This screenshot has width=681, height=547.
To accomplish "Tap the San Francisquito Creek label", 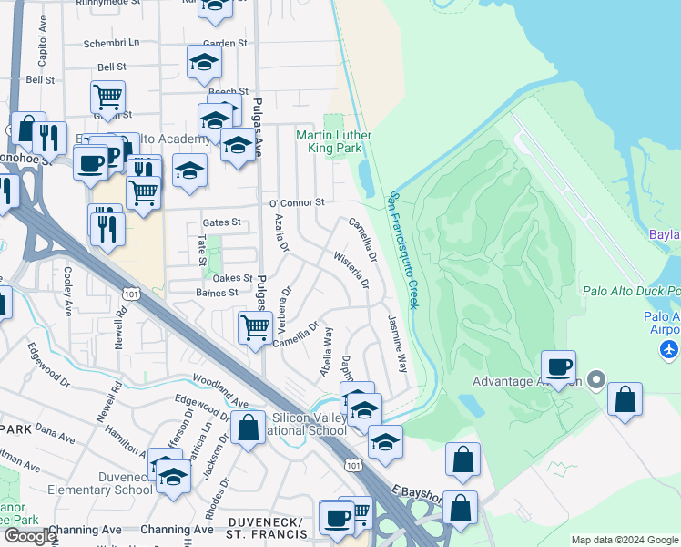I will point(403,249).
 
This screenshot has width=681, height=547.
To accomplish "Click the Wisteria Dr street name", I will point(351,271).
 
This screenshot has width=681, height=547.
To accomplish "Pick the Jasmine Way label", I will point(398,344).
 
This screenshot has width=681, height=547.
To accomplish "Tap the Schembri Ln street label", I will point(112,43).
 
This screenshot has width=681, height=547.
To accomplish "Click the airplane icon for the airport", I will point(670,348).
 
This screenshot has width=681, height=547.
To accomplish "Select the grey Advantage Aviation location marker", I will point(597,378).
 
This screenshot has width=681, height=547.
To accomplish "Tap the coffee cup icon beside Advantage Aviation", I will point(558,366).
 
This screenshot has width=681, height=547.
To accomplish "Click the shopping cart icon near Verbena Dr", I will point(255,326).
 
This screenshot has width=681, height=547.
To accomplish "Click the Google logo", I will point(30,536).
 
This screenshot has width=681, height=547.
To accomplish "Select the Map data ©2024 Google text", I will point(625,540).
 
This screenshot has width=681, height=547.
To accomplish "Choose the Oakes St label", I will point(232,278).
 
